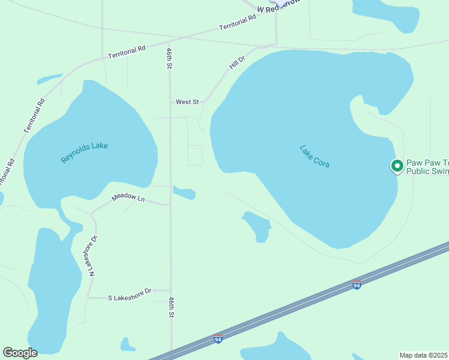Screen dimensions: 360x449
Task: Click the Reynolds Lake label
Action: pyautogui.click(x=84, y=152)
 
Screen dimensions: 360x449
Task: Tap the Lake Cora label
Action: pyautogui.click(x=315, y=156)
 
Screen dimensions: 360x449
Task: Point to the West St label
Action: pyautogui.click(x=187, y=102)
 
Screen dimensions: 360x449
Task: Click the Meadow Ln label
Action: pyautogui.click(x=129, y=198)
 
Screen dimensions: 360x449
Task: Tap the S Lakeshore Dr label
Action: pyautogui.click(x=130, y=298)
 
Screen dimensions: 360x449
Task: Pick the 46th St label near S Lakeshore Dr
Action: pyautogui.click(x=172, y=307)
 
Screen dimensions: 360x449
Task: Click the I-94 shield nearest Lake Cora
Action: pyautogui.click(x=357, y=284)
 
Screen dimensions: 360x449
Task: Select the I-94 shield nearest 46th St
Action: pyautogui.click(x=218, y=340)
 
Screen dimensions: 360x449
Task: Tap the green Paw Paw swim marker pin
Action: pyautogui.click(x=397, y=166)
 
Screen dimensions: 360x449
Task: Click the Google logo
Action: pyautogui.click(x=20, y=353)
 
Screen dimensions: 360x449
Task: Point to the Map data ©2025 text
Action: pyautogui.click(x=424, y=355)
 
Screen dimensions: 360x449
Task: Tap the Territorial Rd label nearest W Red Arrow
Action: pyautogui.click(x=238, y=23)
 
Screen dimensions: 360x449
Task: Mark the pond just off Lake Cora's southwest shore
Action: pyautogui.click(x=258, y=226)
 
